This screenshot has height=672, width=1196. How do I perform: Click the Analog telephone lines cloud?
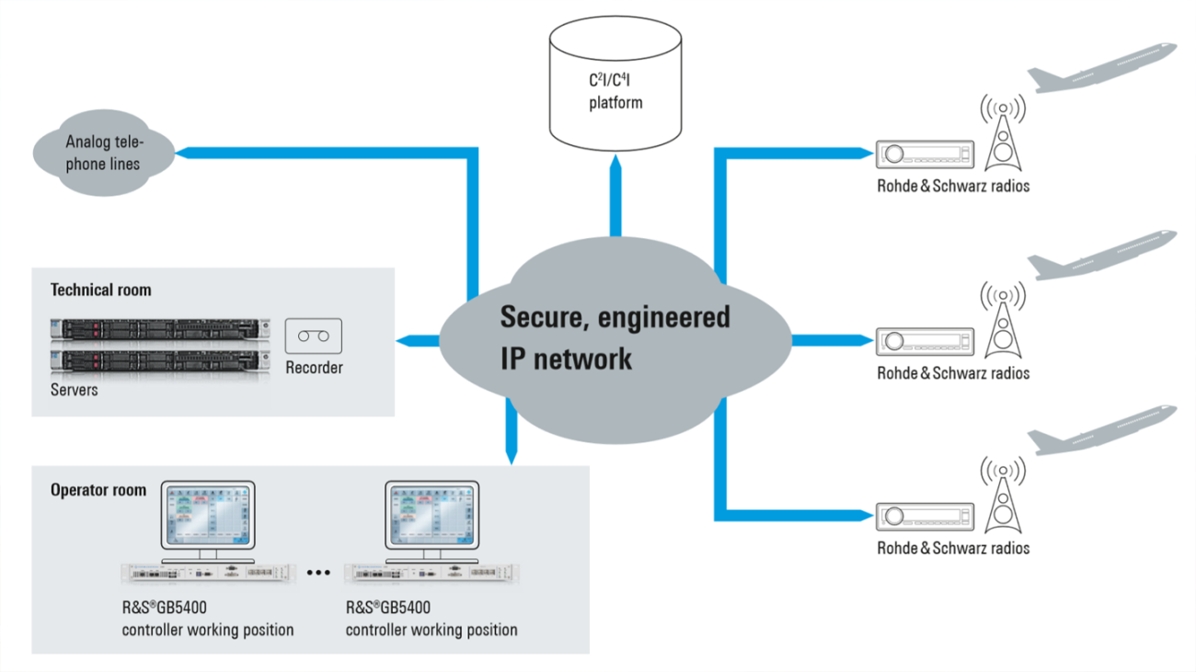pyautogui.click(x=104, y=154)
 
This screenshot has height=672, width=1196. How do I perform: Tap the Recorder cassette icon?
pyautogui.click(x=314, y=336)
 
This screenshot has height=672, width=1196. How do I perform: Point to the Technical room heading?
pyautogui.click(x=100, y=290)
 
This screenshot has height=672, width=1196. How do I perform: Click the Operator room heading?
pyautogui.click(x=98, y=490)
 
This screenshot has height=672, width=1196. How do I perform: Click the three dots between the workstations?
pyautogui.click(x=317, y=573)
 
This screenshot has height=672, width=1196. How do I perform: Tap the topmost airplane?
pyautogui.click(x=1099, y=69)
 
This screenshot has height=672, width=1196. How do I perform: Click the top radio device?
pyautogui.click(x=924, y=154)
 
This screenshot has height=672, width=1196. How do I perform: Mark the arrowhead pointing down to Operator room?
pyautogui.click(x=511, y=455)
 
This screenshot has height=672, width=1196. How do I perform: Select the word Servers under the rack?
pyautogui.click(x=74, y=390)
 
